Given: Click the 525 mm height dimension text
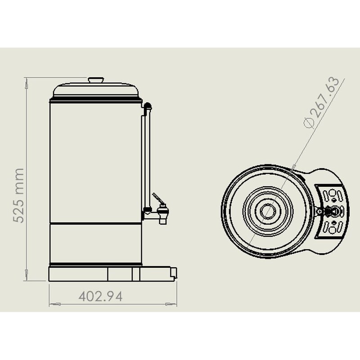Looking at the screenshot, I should (x=18, y=195).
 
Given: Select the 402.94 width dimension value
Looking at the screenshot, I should (x=100, y=296).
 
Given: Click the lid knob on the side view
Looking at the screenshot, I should (x=96, y=80).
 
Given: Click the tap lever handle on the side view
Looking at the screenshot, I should (x=157, y=198).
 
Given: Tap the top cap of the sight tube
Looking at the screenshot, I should (x=147, y=106).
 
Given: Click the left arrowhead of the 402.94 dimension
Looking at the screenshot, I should (x=52, y=305).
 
